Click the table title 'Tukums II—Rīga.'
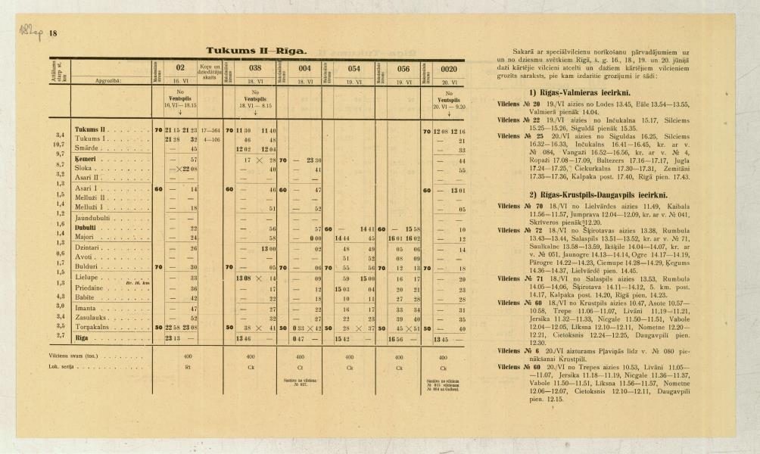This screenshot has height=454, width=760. pos(257,51)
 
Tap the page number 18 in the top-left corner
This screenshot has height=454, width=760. pos(53,33)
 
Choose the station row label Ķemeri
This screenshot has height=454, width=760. pos(88,160)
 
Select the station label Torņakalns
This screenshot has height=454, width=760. pos(92,327)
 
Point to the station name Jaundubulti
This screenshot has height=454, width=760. pos(93,218)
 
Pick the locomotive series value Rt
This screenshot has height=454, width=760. pos(186,365)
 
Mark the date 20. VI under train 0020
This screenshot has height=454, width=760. pos(449,79)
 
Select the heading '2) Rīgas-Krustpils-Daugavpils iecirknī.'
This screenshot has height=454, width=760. pos(583,194)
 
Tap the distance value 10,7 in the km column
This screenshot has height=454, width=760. pos(58,144)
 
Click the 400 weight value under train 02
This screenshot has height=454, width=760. pos(186,353)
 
